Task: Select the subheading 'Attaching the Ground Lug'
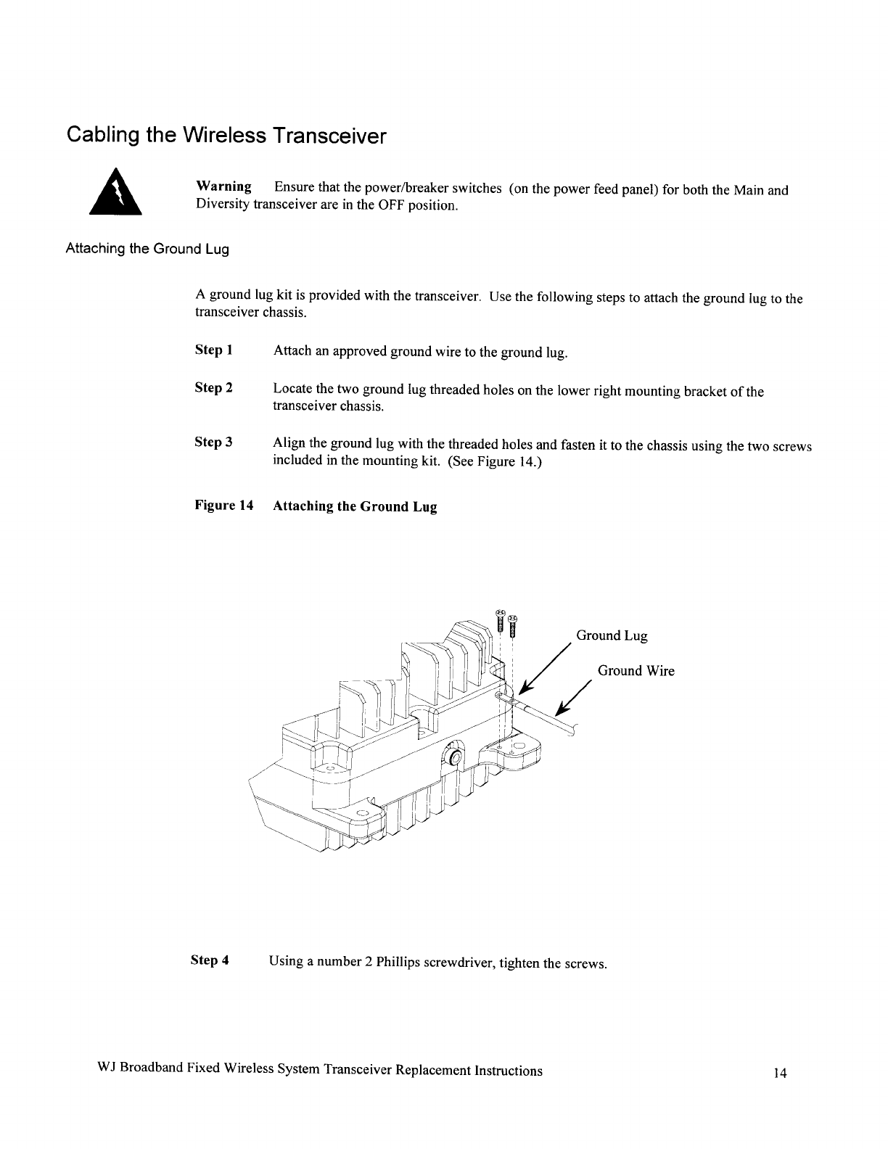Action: pos(147,249)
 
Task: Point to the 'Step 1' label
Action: pos(213,350)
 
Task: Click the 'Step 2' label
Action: pos(213,388)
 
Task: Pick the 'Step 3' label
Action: pos(213,442)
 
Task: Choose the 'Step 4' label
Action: pos(210,960)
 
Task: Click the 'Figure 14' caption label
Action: pos(223,506)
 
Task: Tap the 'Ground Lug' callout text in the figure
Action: pos(612,636)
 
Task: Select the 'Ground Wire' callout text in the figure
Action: pos(636,671)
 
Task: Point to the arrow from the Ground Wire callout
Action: pos(574,701)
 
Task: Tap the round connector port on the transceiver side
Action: pos(456,759)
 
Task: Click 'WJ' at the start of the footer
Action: pos(106,1071)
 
